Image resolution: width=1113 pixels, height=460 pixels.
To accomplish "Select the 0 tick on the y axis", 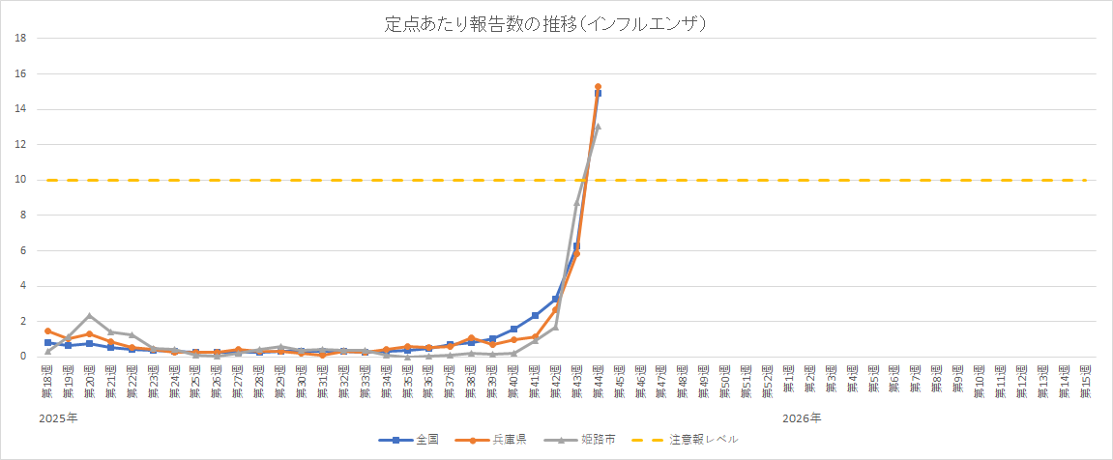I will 22,357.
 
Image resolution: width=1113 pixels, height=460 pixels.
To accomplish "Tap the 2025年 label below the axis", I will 59,417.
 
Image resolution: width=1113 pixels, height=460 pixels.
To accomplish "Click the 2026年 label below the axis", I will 802,417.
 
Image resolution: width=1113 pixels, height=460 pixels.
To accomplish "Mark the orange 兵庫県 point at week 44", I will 598,87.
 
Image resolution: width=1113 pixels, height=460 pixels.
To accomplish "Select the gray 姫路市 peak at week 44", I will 598,126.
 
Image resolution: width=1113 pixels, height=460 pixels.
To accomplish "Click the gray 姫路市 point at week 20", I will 90,316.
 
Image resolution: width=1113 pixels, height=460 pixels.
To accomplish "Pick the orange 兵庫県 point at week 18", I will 47,331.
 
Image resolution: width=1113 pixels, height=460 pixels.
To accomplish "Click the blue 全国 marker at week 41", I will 535,315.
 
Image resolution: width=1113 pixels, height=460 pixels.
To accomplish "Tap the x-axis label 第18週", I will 47,380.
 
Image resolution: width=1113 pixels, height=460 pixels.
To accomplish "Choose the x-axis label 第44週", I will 598,380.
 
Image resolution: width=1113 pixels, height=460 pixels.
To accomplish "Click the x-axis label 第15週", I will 1085,380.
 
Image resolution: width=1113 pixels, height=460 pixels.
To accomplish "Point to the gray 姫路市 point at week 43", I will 577,203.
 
